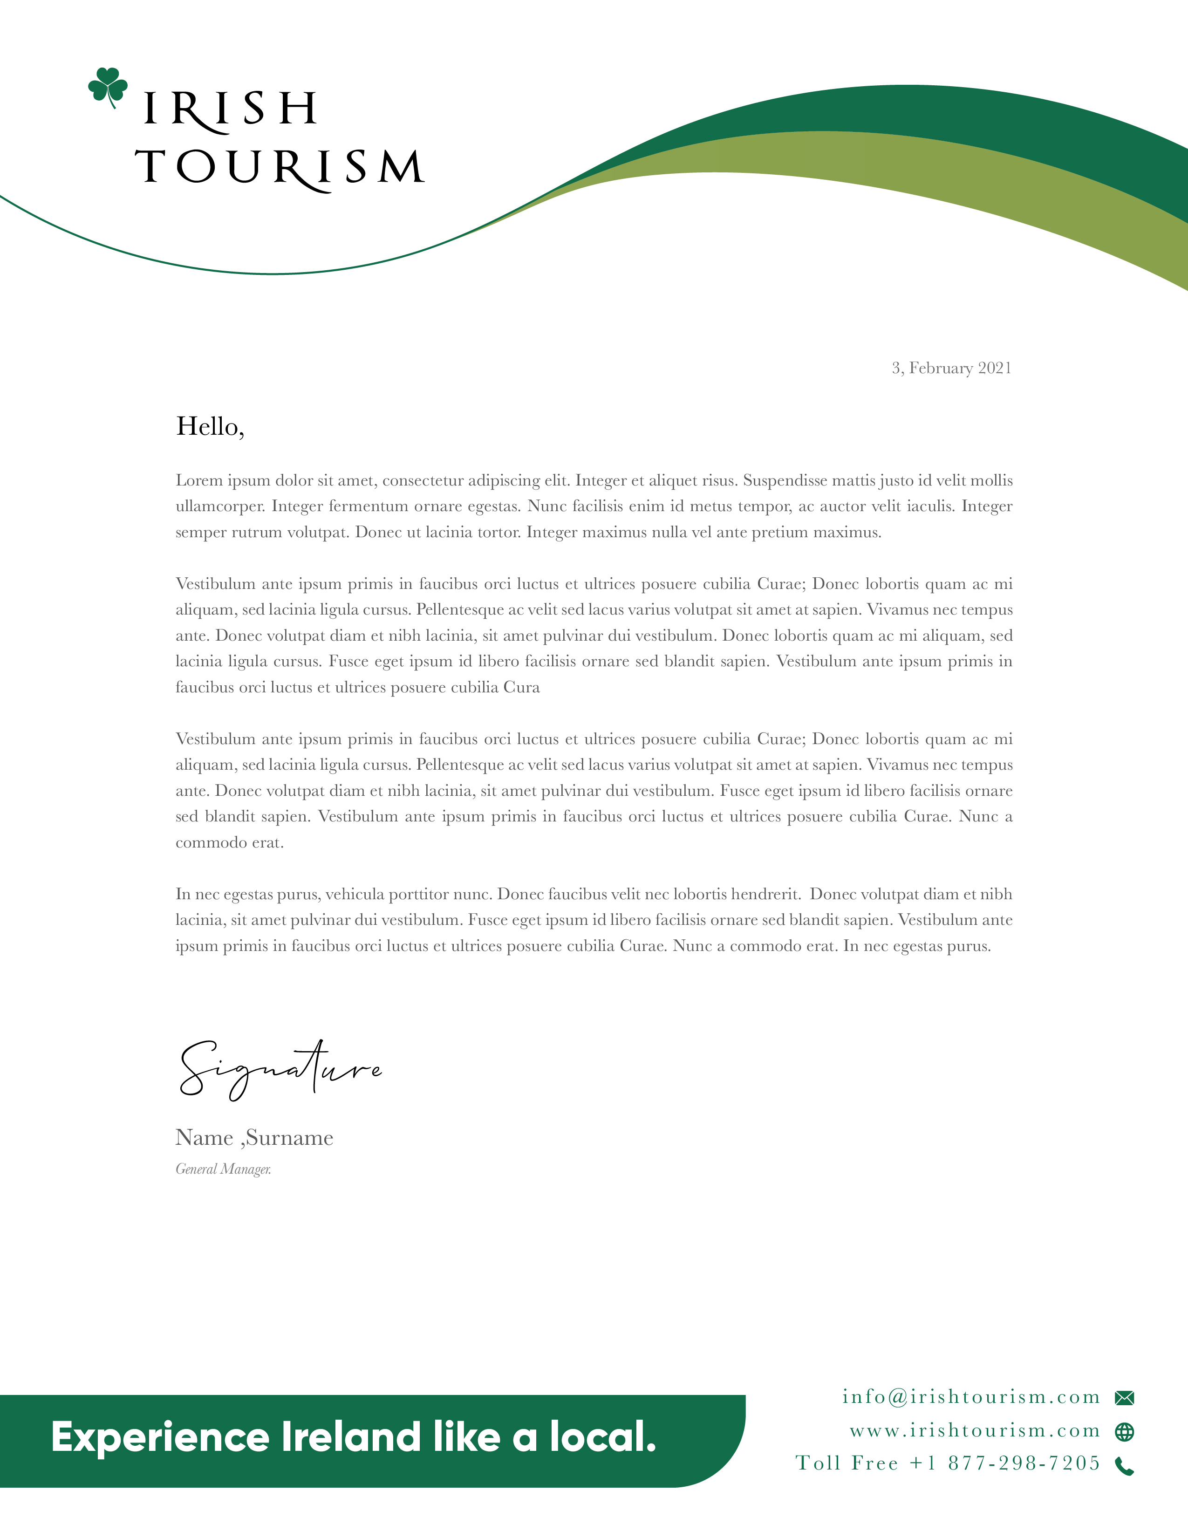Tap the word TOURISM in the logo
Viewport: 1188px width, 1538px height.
click(x=280, y=168)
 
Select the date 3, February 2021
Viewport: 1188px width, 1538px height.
click(x=951, y=368)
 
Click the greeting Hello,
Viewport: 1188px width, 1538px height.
click(x=210, y=426)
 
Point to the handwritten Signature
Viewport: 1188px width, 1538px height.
click(x=280, y=1069)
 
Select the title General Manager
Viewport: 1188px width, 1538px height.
click(x=223, y=1169)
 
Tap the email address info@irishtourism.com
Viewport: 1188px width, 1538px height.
click(x=971, y=1396)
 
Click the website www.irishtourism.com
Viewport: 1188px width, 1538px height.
click(x=975, y=1430)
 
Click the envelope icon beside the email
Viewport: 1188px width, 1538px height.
click(x=1125, y=1398)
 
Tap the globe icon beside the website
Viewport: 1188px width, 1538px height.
click(x=1125, y=1432)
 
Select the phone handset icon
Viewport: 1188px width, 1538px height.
click(x=1125, y=1466)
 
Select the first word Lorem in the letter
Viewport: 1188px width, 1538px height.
click(x=198, y=480)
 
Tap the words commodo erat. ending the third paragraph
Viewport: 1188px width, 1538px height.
click(x=230, y=843)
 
